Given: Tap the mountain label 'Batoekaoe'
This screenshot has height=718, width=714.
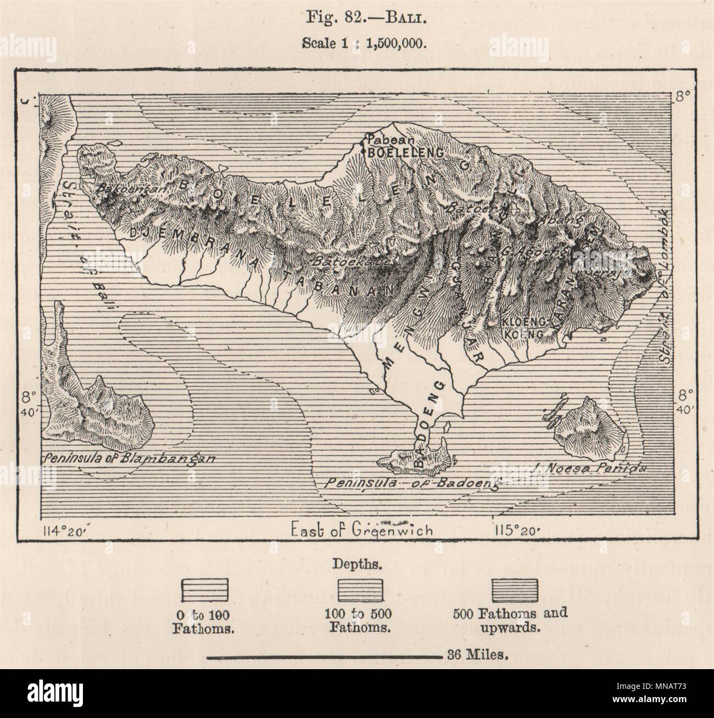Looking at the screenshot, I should point(352,263).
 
